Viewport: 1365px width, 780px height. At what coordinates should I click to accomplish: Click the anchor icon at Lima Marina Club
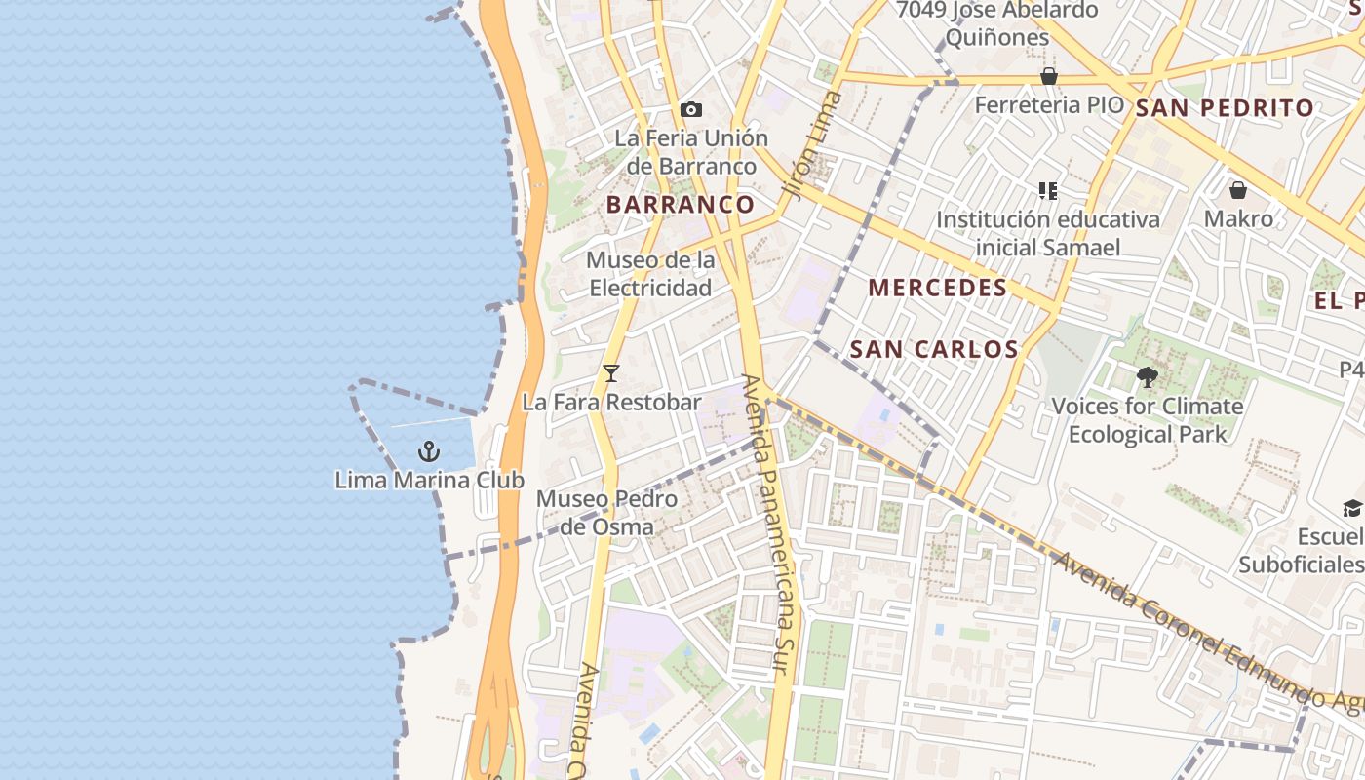coord(428,451)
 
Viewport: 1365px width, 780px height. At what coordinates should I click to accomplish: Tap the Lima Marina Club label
coord(429,480)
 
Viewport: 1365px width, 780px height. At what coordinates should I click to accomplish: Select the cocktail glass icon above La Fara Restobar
coord(611,372)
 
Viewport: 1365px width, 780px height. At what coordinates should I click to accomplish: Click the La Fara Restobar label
coord(611,402)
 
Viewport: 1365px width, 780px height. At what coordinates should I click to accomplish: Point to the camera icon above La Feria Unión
coord(691,109)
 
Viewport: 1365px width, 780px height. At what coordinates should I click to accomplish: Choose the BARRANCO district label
coord(681,204)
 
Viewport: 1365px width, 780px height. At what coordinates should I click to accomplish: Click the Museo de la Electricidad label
coord(650,274)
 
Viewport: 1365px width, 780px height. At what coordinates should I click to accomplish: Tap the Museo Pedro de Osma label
coord(606,513)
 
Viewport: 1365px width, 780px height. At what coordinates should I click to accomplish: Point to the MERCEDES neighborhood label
coord(937,288)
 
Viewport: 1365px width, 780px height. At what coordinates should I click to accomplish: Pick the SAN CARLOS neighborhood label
coord(933,349)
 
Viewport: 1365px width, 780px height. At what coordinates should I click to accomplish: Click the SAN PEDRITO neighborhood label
coord(1225,108)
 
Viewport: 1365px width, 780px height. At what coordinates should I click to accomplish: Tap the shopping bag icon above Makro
coord(1238,190)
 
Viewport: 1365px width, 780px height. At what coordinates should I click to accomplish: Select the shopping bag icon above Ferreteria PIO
coord(1049,76)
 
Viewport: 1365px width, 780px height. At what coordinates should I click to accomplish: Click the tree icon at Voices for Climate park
coord(1148,376)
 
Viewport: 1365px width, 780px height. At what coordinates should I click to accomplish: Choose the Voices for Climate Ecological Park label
coord(1147,419)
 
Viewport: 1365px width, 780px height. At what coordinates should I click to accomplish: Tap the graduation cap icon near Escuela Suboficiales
coord(1352,508)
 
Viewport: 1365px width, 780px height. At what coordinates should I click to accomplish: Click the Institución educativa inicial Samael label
coord(1048,233)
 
